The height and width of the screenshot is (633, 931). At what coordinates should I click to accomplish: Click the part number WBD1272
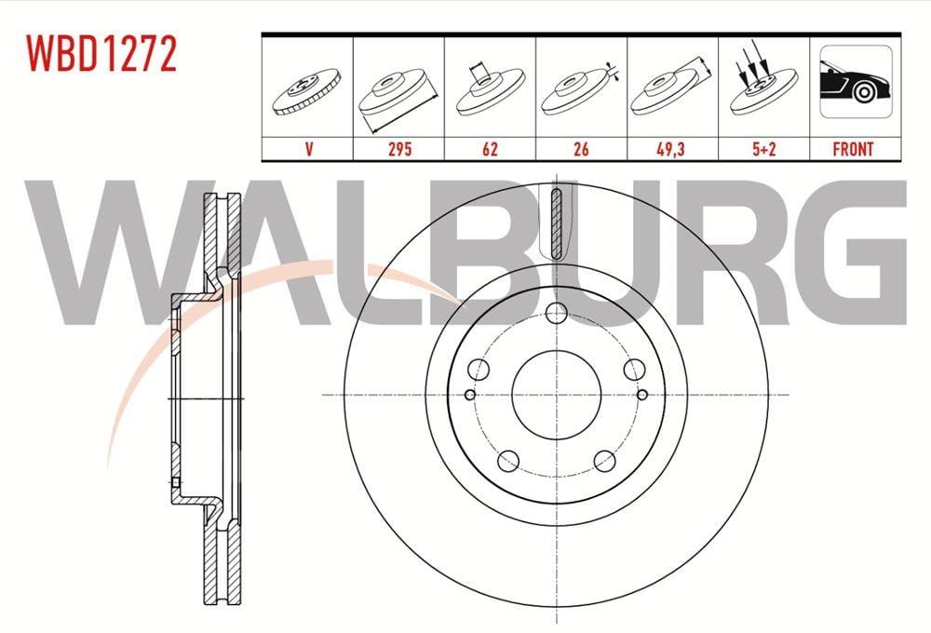coord(101,55)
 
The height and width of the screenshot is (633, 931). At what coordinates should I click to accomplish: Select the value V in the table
coord(306,149)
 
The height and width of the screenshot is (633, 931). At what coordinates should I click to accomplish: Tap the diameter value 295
coord(398,149)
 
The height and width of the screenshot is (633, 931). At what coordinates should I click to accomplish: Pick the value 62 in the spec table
coord(489,149)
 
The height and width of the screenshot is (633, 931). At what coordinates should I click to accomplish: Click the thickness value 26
coord(581,149)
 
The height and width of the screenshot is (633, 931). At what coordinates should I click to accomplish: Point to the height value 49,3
coord(672,149)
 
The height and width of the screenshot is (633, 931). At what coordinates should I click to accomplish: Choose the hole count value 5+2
coord(763,149)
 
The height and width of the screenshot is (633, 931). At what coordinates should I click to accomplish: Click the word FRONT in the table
coord(854,149)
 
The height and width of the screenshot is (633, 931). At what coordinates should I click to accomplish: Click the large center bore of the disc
coord(556,396)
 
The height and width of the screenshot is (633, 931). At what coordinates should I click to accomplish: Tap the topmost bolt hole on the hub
coord(556,314)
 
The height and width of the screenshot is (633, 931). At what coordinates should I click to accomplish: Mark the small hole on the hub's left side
coord(470,396)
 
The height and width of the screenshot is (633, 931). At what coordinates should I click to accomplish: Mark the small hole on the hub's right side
coord(642,396)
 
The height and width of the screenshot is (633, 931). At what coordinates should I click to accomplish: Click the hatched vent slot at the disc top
coord(556,222)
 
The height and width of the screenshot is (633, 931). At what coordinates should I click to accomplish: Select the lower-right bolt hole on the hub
coord(604,460)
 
